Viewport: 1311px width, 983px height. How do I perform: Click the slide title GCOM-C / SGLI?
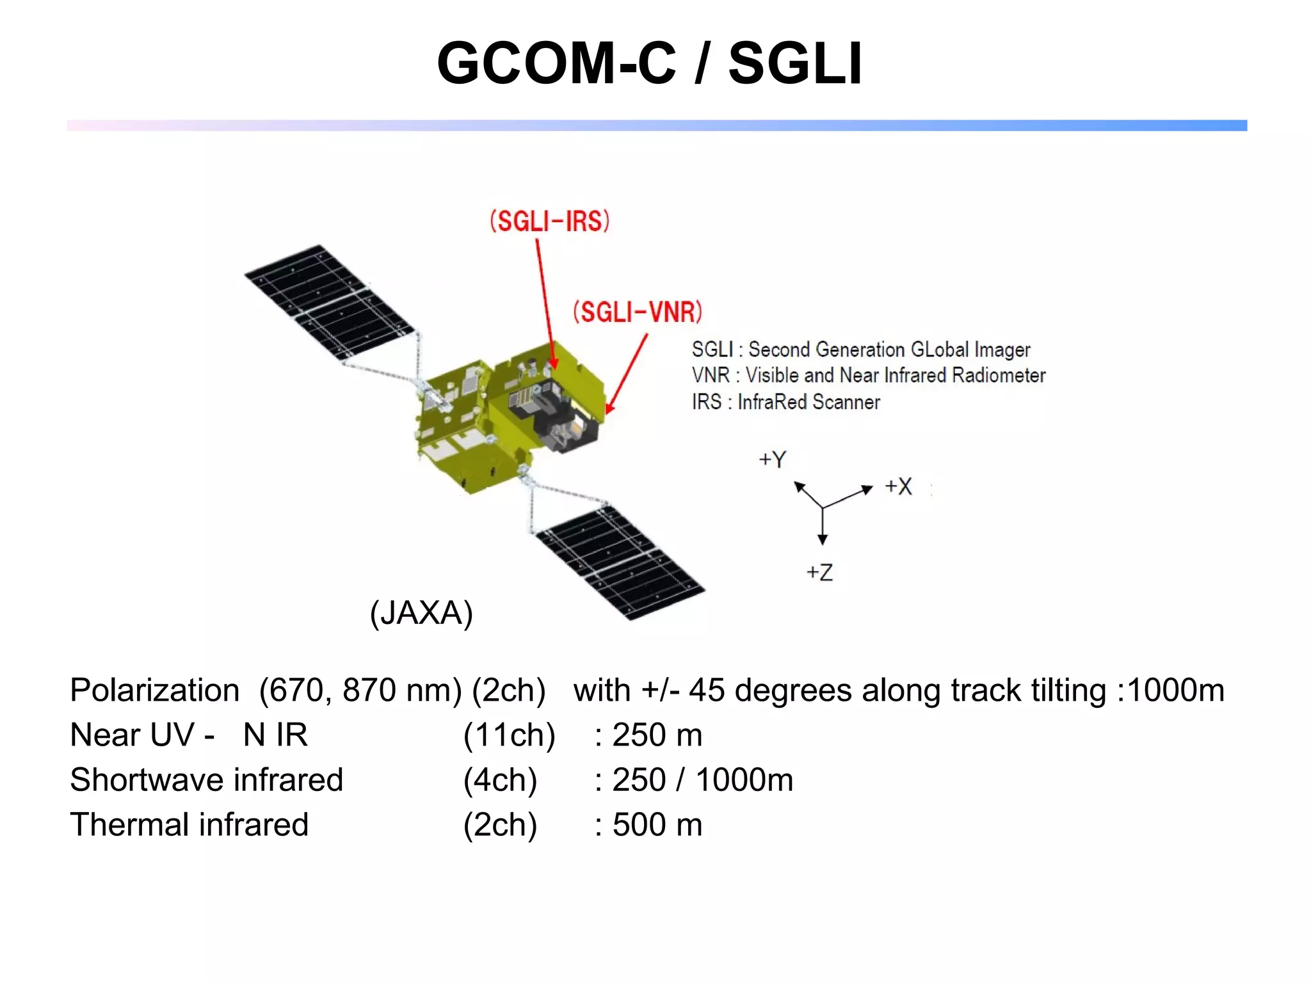click(649, 63)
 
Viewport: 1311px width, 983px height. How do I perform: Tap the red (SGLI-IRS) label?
click(549, 221)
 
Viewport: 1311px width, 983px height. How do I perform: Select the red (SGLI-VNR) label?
click(638, 312)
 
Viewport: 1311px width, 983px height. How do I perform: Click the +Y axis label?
click(773, 460)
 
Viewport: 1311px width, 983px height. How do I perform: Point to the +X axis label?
click(898, 486)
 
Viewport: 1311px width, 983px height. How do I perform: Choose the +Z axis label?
click(819, 572)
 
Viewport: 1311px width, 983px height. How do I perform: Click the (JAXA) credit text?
click(421, 613)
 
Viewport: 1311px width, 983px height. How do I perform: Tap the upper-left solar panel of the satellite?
click(330, 301)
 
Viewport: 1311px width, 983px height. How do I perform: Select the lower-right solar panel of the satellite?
click(620, 563)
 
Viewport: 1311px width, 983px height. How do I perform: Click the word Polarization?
click(155, 691)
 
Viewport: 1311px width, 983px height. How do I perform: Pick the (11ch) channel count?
click(509, 735)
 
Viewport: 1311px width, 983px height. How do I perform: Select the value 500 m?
click(657, 825)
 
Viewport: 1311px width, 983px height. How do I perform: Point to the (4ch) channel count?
click(500, 780)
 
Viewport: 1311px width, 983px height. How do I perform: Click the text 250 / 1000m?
click(702, 780)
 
